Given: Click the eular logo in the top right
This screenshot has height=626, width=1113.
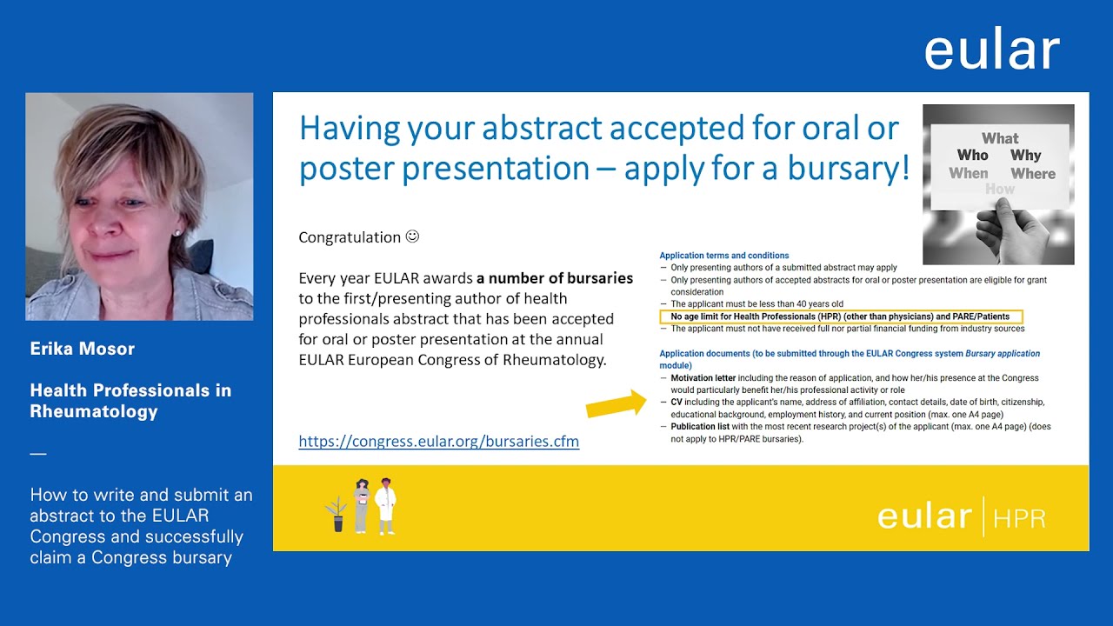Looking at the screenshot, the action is click(992, 48).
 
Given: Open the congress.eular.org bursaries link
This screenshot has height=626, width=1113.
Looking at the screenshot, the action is click(439, 441).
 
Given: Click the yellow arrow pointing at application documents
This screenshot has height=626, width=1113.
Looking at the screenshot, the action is click(616, 404).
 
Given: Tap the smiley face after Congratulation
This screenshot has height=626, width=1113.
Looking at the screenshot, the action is click(412, 236).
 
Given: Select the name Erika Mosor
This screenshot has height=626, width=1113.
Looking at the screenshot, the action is click(83, 349).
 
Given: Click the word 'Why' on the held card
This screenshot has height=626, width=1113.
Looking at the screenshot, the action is click(1025, 155).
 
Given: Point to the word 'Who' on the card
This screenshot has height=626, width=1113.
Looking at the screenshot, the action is click(972, 155).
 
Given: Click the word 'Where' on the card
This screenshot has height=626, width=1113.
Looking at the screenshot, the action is click(1033, 173).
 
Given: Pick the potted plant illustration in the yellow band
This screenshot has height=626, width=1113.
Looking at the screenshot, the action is click(337, 514).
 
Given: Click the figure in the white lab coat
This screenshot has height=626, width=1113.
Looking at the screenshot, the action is click(385, 506).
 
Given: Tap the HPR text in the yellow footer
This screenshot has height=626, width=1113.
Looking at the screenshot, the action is click(1020, 519).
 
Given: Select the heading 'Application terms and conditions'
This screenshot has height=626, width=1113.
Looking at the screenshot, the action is click(724, 256).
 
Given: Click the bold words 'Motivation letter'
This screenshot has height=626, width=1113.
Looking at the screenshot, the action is click(703, 378).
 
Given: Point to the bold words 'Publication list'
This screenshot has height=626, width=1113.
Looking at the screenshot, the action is click(700, 427).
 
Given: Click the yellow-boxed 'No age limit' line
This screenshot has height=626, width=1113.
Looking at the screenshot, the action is click(840, 316).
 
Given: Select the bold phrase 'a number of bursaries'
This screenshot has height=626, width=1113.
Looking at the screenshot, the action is click(555, 278).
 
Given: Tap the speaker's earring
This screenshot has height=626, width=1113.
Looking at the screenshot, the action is click(177, 232).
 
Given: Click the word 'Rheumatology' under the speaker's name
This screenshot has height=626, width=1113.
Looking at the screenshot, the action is click(94, 412).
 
